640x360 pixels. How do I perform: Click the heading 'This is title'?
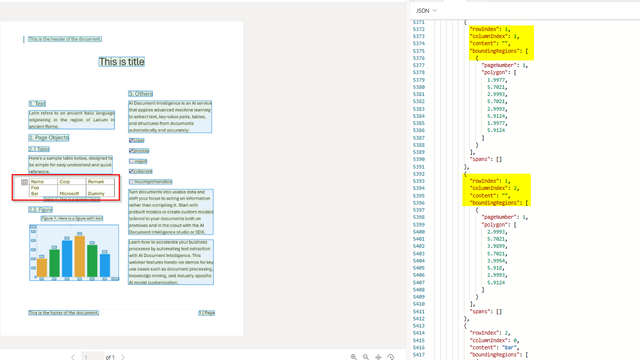[x=122, y=62]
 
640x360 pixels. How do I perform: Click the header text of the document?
[x=65, y=39]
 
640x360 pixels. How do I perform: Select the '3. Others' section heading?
[x=141, y=94]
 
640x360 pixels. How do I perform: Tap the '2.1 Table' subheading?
[x=39, y=149]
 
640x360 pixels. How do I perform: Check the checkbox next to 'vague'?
[x=131, y=161]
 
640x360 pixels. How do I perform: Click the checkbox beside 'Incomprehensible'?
[x=131, y=182]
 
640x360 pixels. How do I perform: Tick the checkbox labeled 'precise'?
[x=131, y=151]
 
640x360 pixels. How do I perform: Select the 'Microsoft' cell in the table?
[x=70, y=193]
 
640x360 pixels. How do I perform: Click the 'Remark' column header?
[x=96, y=182]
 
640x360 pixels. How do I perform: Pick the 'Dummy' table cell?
[x=96, y=193]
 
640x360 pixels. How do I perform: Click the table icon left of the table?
[x=24, y=182]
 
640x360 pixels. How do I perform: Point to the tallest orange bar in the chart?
[x=80, y=256]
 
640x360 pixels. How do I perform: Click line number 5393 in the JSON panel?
[x=419, y=181]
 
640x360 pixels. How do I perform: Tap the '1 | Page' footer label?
[x=207, y=313]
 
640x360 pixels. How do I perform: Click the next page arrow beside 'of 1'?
[x=123, y=357]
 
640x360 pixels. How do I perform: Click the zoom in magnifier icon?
[x=354, y=357]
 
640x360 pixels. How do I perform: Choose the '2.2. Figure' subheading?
[x=41, y=210]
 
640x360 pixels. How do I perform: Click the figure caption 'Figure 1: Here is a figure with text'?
[x=72, y=218]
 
